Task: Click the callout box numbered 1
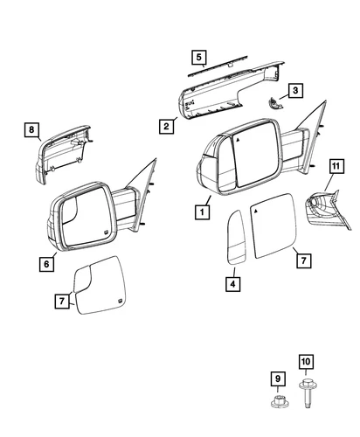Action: [x=203, y=211]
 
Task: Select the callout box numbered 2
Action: [x=164, y=127]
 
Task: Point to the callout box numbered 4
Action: [x=233, y=283]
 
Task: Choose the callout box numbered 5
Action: [x=199, y=59]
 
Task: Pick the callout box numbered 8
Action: [x=31, y=131]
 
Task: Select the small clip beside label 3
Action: [x=273, y=102]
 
